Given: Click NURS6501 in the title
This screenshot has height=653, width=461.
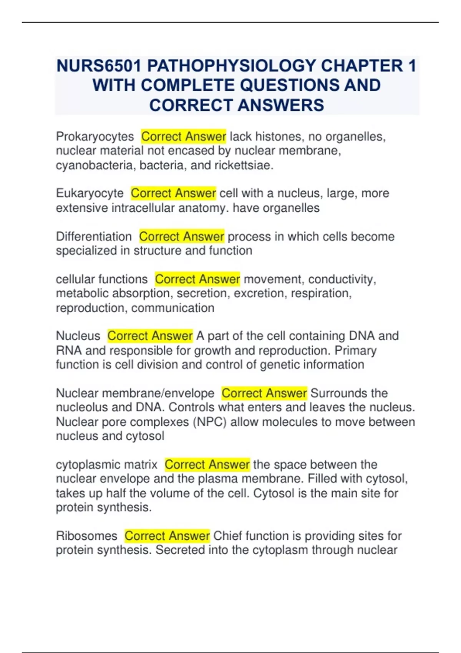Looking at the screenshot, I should (99, 66).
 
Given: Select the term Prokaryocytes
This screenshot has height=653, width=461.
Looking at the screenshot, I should (95, 136).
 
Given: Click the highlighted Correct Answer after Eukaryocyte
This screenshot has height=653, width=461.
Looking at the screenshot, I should (173, 193).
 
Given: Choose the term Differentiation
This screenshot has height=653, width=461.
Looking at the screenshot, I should (94, 237).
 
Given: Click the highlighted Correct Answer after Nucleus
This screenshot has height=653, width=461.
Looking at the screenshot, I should (150, 336).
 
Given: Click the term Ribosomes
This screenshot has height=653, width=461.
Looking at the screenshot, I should (87, 536).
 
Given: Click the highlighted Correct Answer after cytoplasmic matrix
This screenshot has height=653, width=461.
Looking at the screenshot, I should (207, 465).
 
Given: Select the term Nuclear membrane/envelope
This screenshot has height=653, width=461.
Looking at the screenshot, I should (135, 393).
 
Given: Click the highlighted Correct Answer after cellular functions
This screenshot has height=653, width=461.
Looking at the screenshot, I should (197, 279).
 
